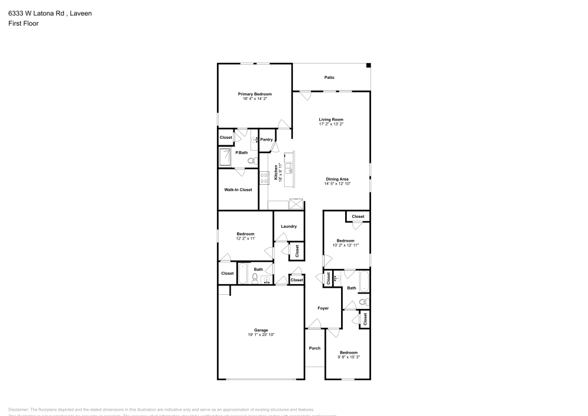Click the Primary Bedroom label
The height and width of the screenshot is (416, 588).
255,94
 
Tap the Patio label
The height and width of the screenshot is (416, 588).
329,77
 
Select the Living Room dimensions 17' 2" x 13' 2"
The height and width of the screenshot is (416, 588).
330,124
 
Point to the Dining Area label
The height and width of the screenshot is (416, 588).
338,179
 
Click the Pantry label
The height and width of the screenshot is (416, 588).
266,139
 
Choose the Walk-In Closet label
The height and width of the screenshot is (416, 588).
238,189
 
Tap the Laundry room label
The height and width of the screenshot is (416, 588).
288,227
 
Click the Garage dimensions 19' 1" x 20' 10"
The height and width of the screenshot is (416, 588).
261,335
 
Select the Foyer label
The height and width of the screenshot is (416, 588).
323,308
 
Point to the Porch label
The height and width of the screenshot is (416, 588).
315,348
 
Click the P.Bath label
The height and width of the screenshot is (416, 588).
241,153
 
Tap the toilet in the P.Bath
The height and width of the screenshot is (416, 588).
251,161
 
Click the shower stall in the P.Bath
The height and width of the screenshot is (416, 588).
226,158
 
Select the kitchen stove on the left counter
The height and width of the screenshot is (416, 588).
264,175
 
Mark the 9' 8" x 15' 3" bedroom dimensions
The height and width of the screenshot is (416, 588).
348,357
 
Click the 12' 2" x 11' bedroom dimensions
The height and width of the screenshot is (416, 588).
245,238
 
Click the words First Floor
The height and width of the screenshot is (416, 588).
24,24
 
